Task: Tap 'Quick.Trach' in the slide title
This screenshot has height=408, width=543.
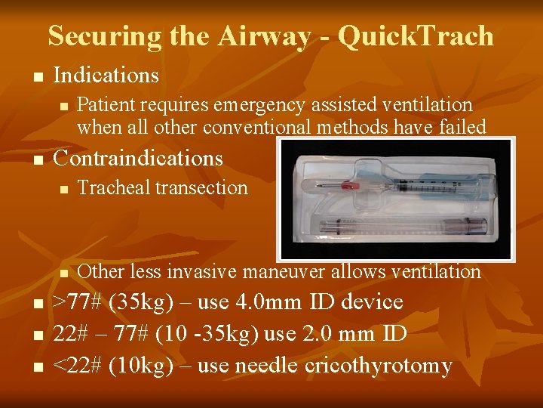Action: click(x=416, y=36)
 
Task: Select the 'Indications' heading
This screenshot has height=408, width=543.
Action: click(x=106, y=76)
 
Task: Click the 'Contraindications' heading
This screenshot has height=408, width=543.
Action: click(x=138, y=158)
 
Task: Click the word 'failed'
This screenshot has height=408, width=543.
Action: click(x=460, y=127)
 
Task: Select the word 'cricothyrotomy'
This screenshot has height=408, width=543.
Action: click(x=379, y=366)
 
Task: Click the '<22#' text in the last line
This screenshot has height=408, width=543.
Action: click(x=78, y=366)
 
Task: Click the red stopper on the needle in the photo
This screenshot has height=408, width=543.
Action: click(x=348, y=185)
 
